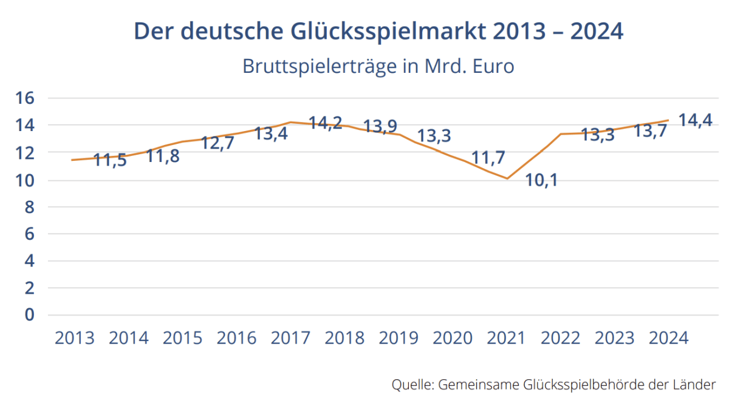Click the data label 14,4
695,120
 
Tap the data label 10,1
541,181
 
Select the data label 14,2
326,123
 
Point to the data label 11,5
110,161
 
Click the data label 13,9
380,127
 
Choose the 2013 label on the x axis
75,338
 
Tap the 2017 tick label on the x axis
290,338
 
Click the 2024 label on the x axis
669,338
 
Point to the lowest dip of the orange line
507,178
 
